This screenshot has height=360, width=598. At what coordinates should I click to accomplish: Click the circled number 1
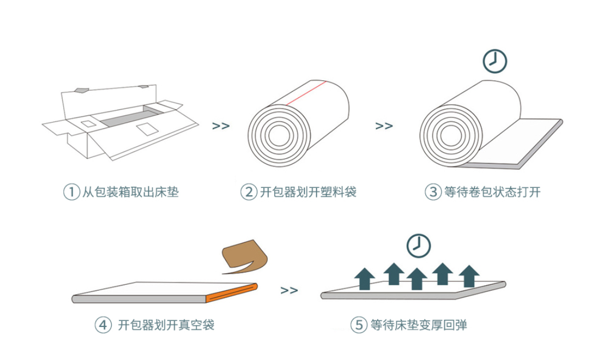(71, 192)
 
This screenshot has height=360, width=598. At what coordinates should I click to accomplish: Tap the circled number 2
(248, 192)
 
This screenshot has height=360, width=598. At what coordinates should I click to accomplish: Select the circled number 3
(433, 192)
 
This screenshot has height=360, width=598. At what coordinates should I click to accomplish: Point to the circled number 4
(103, 325)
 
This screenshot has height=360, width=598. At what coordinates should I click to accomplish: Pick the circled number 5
(358, 325)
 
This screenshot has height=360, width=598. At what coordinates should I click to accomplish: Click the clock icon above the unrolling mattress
(495, 61)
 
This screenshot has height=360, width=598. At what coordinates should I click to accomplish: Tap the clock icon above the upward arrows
(418, 246)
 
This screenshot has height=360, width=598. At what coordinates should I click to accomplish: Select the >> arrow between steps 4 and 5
(289, 290)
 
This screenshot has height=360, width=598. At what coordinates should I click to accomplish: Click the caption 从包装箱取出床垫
(130, 192)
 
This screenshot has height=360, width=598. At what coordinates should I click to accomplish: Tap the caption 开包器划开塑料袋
(308, 192)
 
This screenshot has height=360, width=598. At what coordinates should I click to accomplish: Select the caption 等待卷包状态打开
(492, 192)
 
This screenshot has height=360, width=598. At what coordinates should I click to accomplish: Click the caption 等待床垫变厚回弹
(418, 325)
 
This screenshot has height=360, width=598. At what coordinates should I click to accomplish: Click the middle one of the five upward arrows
(417, 278)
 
